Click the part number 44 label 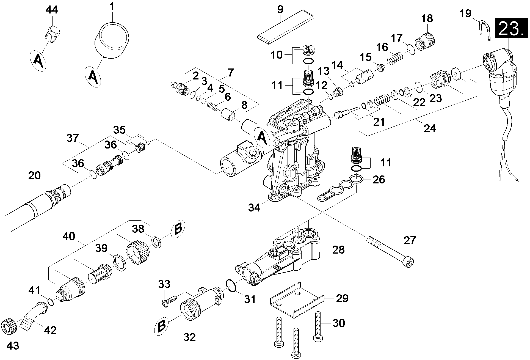[52, 10]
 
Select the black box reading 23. [512, 28]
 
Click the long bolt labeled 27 [390, 252]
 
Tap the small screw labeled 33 [170, 300]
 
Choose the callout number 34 [254, 208]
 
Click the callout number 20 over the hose [34, 175]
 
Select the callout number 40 [69, 236]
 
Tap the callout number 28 [338, 250]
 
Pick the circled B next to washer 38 [178, 229]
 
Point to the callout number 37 [73, 138]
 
